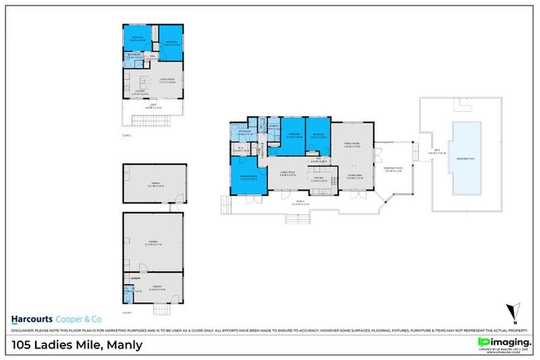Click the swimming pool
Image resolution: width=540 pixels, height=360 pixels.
tap(463, 158)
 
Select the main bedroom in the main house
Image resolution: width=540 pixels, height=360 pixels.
tap(248, 175)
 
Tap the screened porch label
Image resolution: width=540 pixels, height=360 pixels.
tap(393, 169)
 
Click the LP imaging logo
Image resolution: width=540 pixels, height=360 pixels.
tap(503, 342)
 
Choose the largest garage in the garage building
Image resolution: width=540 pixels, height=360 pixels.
tap(153, 242)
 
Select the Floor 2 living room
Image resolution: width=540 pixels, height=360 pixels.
tap(167, 80)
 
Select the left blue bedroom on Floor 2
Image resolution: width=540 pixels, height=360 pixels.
tap(139, 39)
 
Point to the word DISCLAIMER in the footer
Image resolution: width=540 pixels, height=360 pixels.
tap(24, 330)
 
